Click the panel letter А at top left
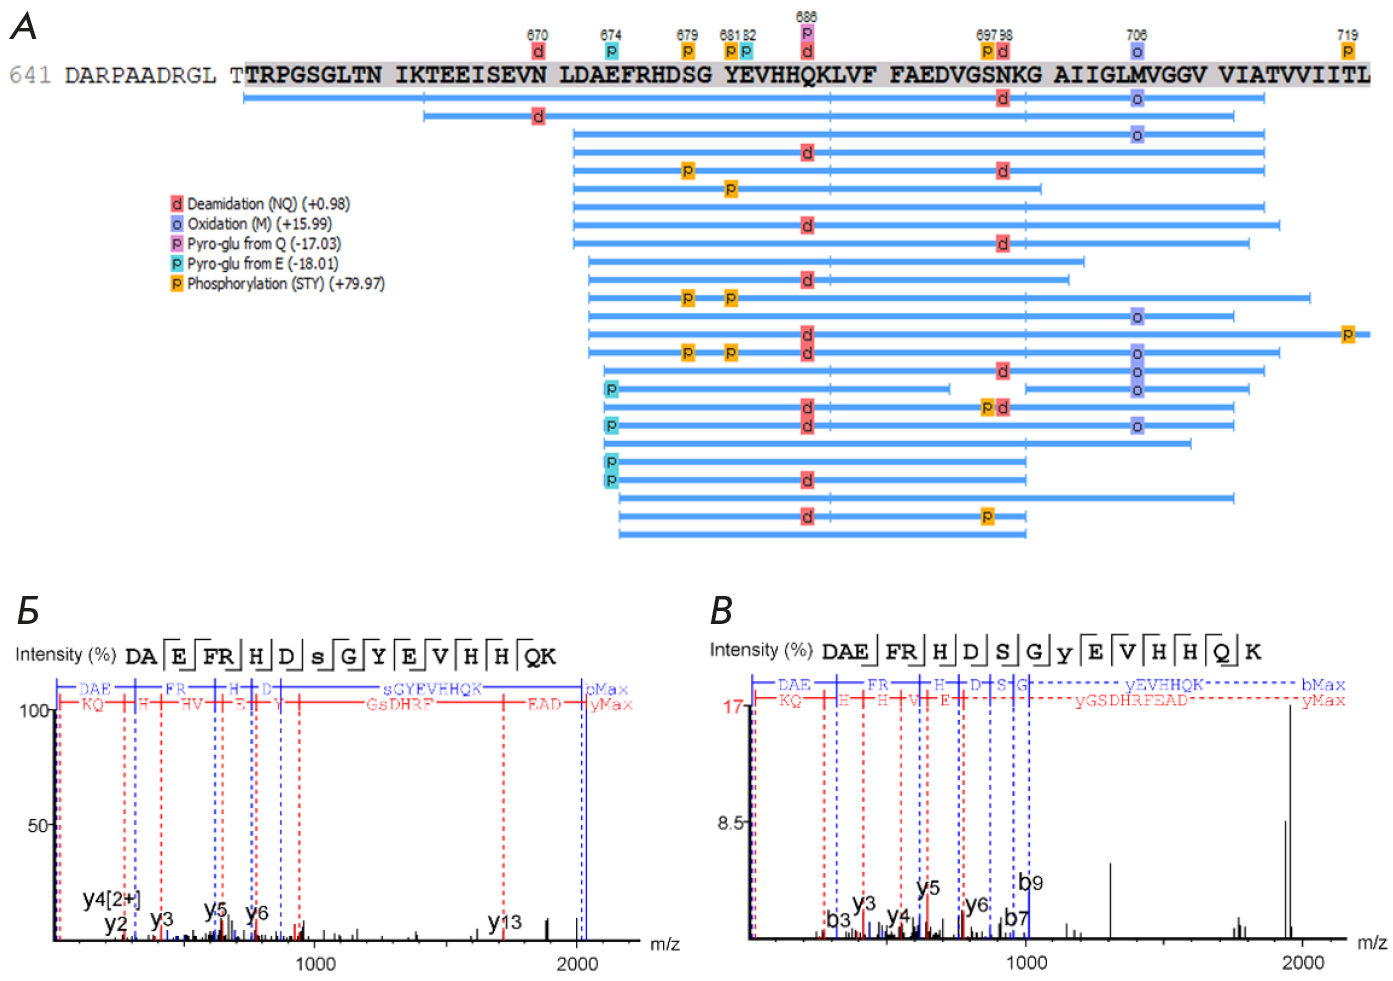tap(23, 27)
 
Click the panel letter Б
tap(28, 610)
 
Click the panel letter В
tap(721, 610)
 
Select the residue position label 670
tap(537, 35)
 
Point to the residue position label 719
tap(1347, 35)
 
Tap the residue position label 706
tap(1136, 35)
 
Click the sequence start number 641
tap(30, 76)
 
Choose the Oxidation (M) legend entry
tap(251, 224)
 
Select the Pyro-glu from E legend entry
tap(254, 264)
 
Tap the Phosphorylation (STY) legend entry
tap(277, 284)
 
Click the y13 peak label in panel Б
tap(505, 922)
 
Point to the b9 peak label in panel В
tap(1031, 883)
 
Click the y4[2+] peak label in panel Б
tap(111, 899)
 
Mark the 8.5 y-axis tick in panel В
tap(731, 823)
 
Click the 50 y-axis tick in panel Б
tap(38, 826)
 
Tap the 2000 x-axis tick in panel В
tap(1303, 963)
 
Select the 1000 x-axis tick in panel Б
tap(315, 964)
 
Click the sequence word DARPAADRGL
tap(140, 76)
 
